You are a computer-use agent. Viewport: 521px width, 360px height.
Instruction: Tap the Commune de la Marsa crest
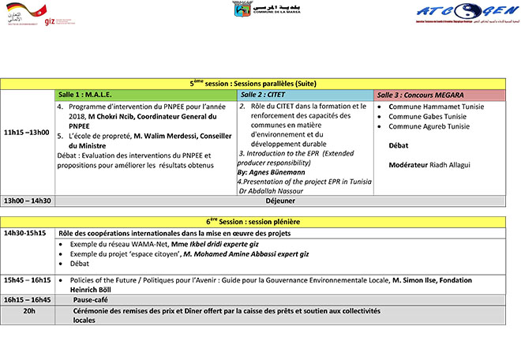242,9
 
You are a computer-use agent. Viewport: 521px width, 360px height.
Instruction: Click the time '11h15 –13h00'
27,133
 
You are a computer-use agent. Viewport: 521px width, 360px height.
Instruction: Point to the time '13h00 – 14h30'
27,201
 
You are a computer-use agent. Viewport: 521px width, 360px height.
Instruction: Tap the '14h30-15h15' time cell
25,234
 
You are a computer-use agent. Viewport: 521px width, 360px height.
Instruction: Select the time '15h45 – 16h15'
27,280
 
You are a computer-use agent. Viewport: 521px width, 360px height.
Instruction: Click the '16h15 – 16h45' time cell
27,300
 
